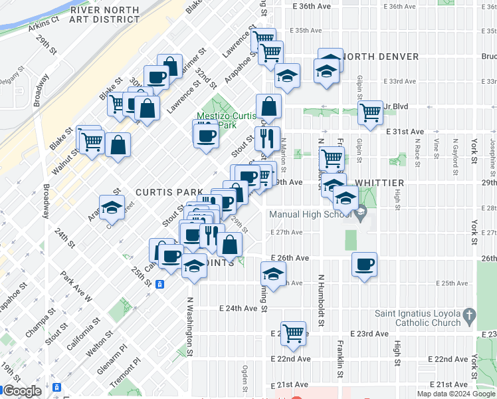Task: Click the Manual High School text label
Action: point(310,214)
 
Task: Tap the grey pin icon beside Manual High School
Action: point(361,214)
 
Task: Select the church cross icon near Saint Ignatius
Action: point(469,315)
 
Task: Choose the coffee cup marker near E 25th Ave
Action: point(364,264)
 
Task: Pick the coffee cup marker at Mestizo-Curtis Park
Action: point(205,136)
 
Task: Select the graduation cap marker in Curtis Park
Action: point(112,207)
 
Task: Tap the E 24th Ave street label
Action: point(238,308)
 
